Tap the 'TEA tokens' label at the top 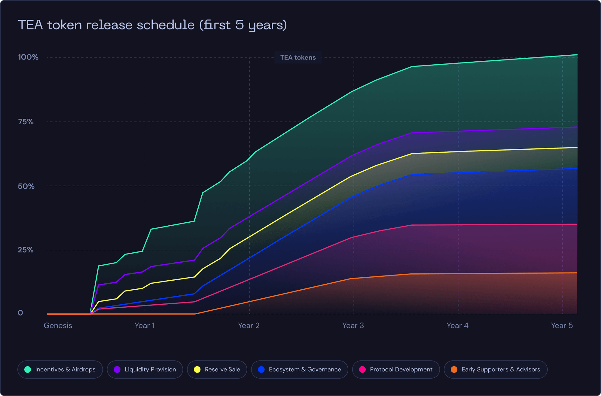pyautogui.click(x=298, y=57)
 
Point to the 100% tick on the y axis pyautogui.click(x=28, y=57)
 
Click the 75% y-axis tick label pyautogui.click(x=26, y=122)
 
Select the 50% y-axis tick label pyautogui.click(x=26, y=186)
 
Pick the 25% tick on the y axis pyautogui.click(x=26, y=250)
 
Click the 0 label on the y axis pyautogui.click(x=20, y=313)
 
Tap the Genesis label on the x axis pyautogui.click(x=58, y=326)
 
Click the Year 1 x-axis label pyautogui.click(x=145, y=326)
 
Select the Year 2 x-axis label pyautogui.click(x=249, y=326)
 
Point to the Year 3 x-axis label pyautogui.click(x=353, y=326)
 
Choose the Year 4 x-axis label pyautogui.click(x=457, y=326)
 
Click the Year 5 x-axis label pyautogui.click(x=562, y=326)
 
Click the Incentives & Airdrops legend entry pyautogui.click(x=60, y=370)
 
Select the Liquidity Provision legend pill pyautogui.click(x=145, y=370)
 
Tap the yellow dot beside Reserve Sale pyautogui.click(x=197, y=370)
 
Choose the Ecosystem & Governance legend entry pyautogui.click(x=300, y=370)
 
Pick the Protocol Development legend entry pyautogui.click(x=396, y=370)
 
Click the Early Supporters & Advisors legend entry pyautogui.click(x=496, y=370)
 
